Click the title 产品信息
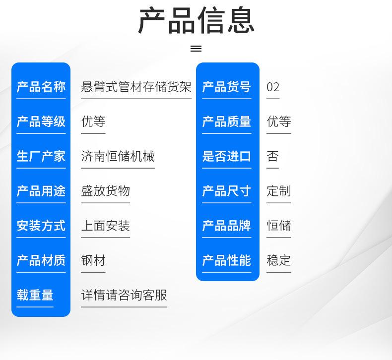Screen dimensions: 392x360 pos(196,20)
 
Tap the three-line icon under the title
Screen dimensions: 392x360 pos(196,49)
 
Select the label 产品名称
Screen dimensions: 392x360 pos(41,87)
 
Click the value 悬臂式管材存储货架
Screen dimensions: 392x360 pos(136,87)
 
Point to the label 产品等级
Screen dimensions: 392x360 pos(41,121)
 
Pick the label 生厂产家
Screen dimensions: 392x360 pos(41,156)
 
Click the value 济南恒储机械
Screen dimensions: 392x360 pos(118,156)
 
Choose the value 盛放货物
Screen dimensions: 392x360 pos(106,191)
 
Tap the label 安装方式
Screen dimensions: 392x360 pos(41,226)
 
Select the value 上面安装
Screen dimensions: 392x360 pos(106,226)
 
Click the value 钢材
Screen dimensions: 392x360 pos(93,260)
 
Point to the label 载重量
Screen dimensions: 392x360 pos(35,295)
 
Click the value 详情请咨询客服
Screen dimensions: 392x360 pos(124,295)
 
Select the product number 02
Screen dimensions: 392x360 pos(273,87)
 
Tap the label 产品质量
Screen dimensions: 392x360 pos(226,121)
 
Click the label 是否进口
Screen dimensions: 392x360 pos(226,156)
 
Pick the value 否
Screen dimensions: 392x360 pos(272,156)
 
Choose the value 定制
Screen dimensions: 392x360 pos(279,191)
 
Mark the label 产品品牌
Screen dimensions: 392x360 pos(226,226)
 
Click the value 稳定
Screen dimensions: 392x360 pos(279,260)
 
